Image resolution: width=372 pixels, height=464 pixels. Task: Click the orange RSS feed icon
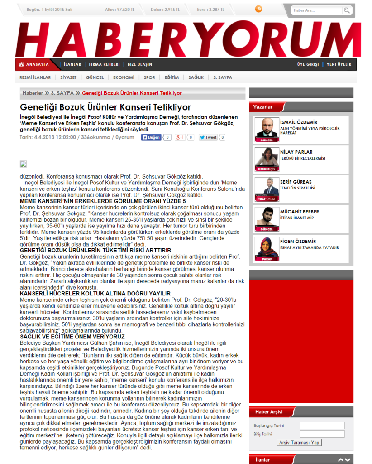click(258, 9)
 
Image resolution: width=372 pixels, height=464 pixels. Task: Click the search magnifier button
click(347, 10)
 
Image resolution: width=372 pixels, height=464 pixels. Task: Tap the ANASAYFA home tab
click(34, 64)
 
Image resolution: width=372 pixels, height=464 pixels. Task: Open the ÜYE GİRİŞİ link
click(308, 64)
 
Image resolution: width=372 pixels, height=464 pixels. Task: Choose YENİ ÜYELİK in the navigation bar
click(339, 64)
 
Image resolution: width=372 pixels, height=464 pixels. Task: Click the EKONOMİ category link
click(124, 77)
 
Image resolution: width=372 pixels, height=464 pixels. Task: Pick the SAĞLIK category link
click(196, 77)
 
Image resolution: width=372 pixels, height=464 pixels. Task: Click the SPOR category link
click(149, 77)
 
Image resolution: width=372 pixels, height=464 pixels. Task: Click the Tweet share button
click(208, 137)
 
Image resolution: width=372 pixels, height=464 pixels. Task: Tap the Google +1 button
click(181, 137)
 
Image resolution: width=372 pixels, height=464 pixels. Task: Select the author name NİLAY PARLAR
click(296, 152)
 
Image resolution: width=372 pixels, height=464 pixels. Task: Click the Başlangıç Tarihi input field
click(322, 425)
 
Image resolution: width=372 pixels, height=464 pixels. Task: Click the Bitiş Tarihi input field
click(322, 434)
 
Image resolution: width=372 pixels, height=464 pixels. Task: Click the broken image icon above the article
click(23, 164)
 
